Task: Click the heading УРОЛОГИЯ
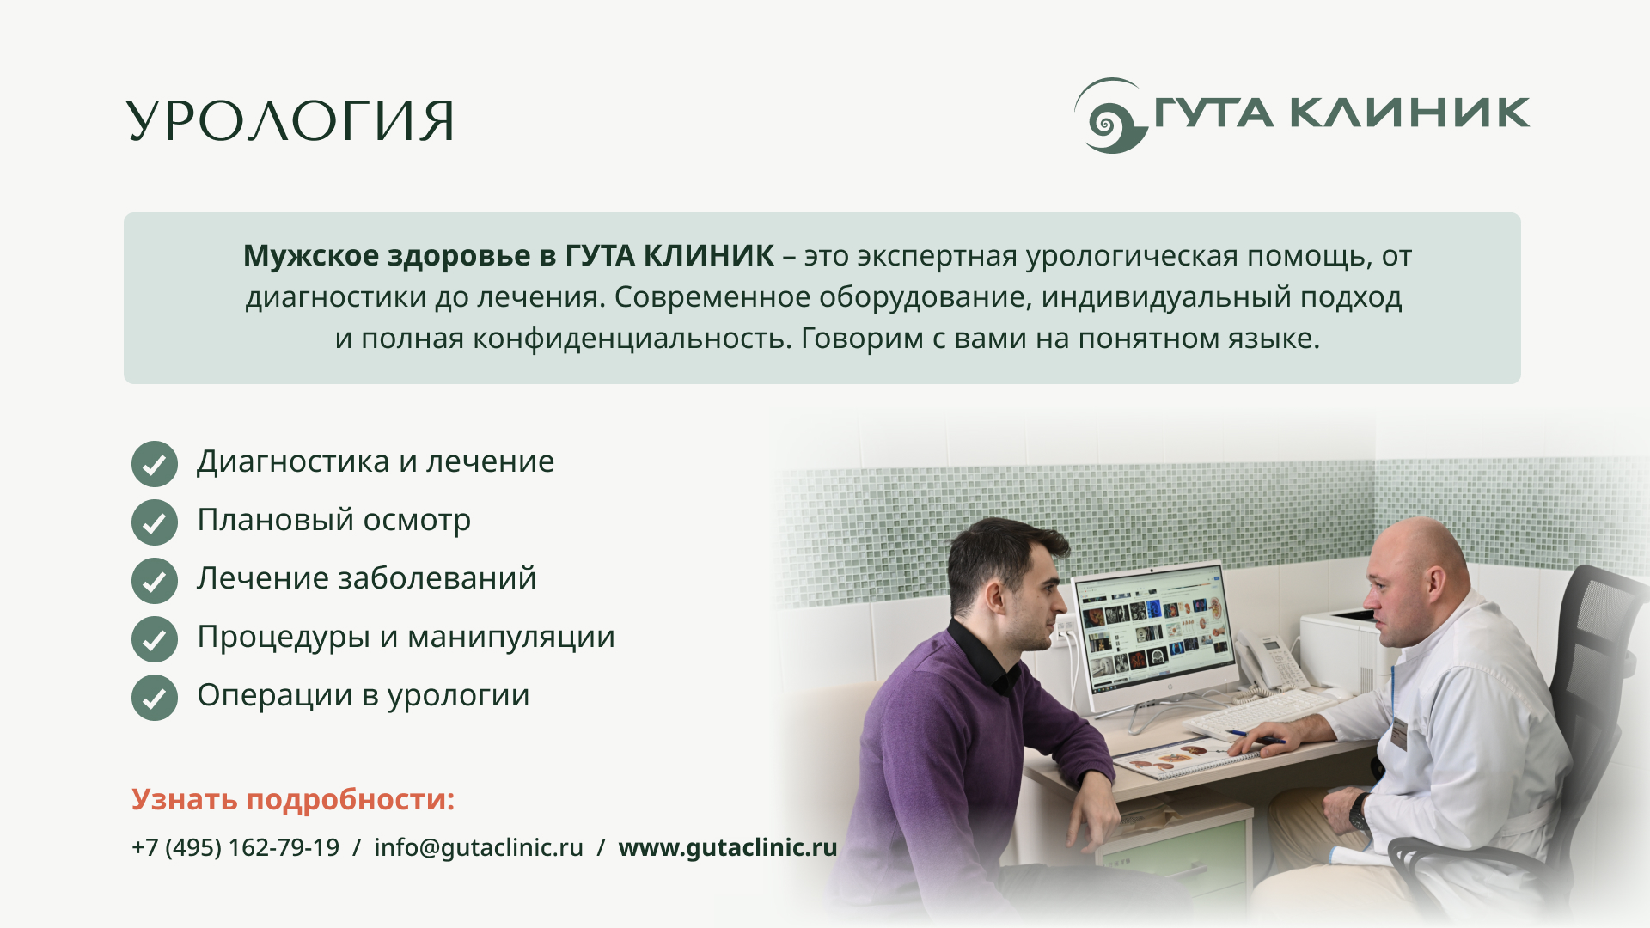(290, 120)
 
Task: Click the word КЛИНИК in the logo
(1410, 113)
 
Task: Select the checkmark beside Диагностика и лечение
(155, 464)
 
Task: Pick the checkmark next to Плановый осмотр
(155, 522)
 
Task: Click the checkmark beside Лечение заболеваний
(155, 581)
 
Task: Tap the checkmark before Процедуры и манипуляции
(155, 639)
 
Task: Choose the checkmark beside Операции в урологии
(155, 698)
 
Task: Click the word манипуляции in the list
(511, 638)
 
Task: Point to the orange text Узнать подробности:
(293, 800)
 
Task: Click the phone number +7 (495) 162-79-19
(235, 847)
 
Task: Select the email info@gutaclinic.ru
(479, 847)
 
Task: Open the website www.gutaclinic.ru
(728, 847)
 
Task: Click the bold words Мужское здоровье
(387, 256)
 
